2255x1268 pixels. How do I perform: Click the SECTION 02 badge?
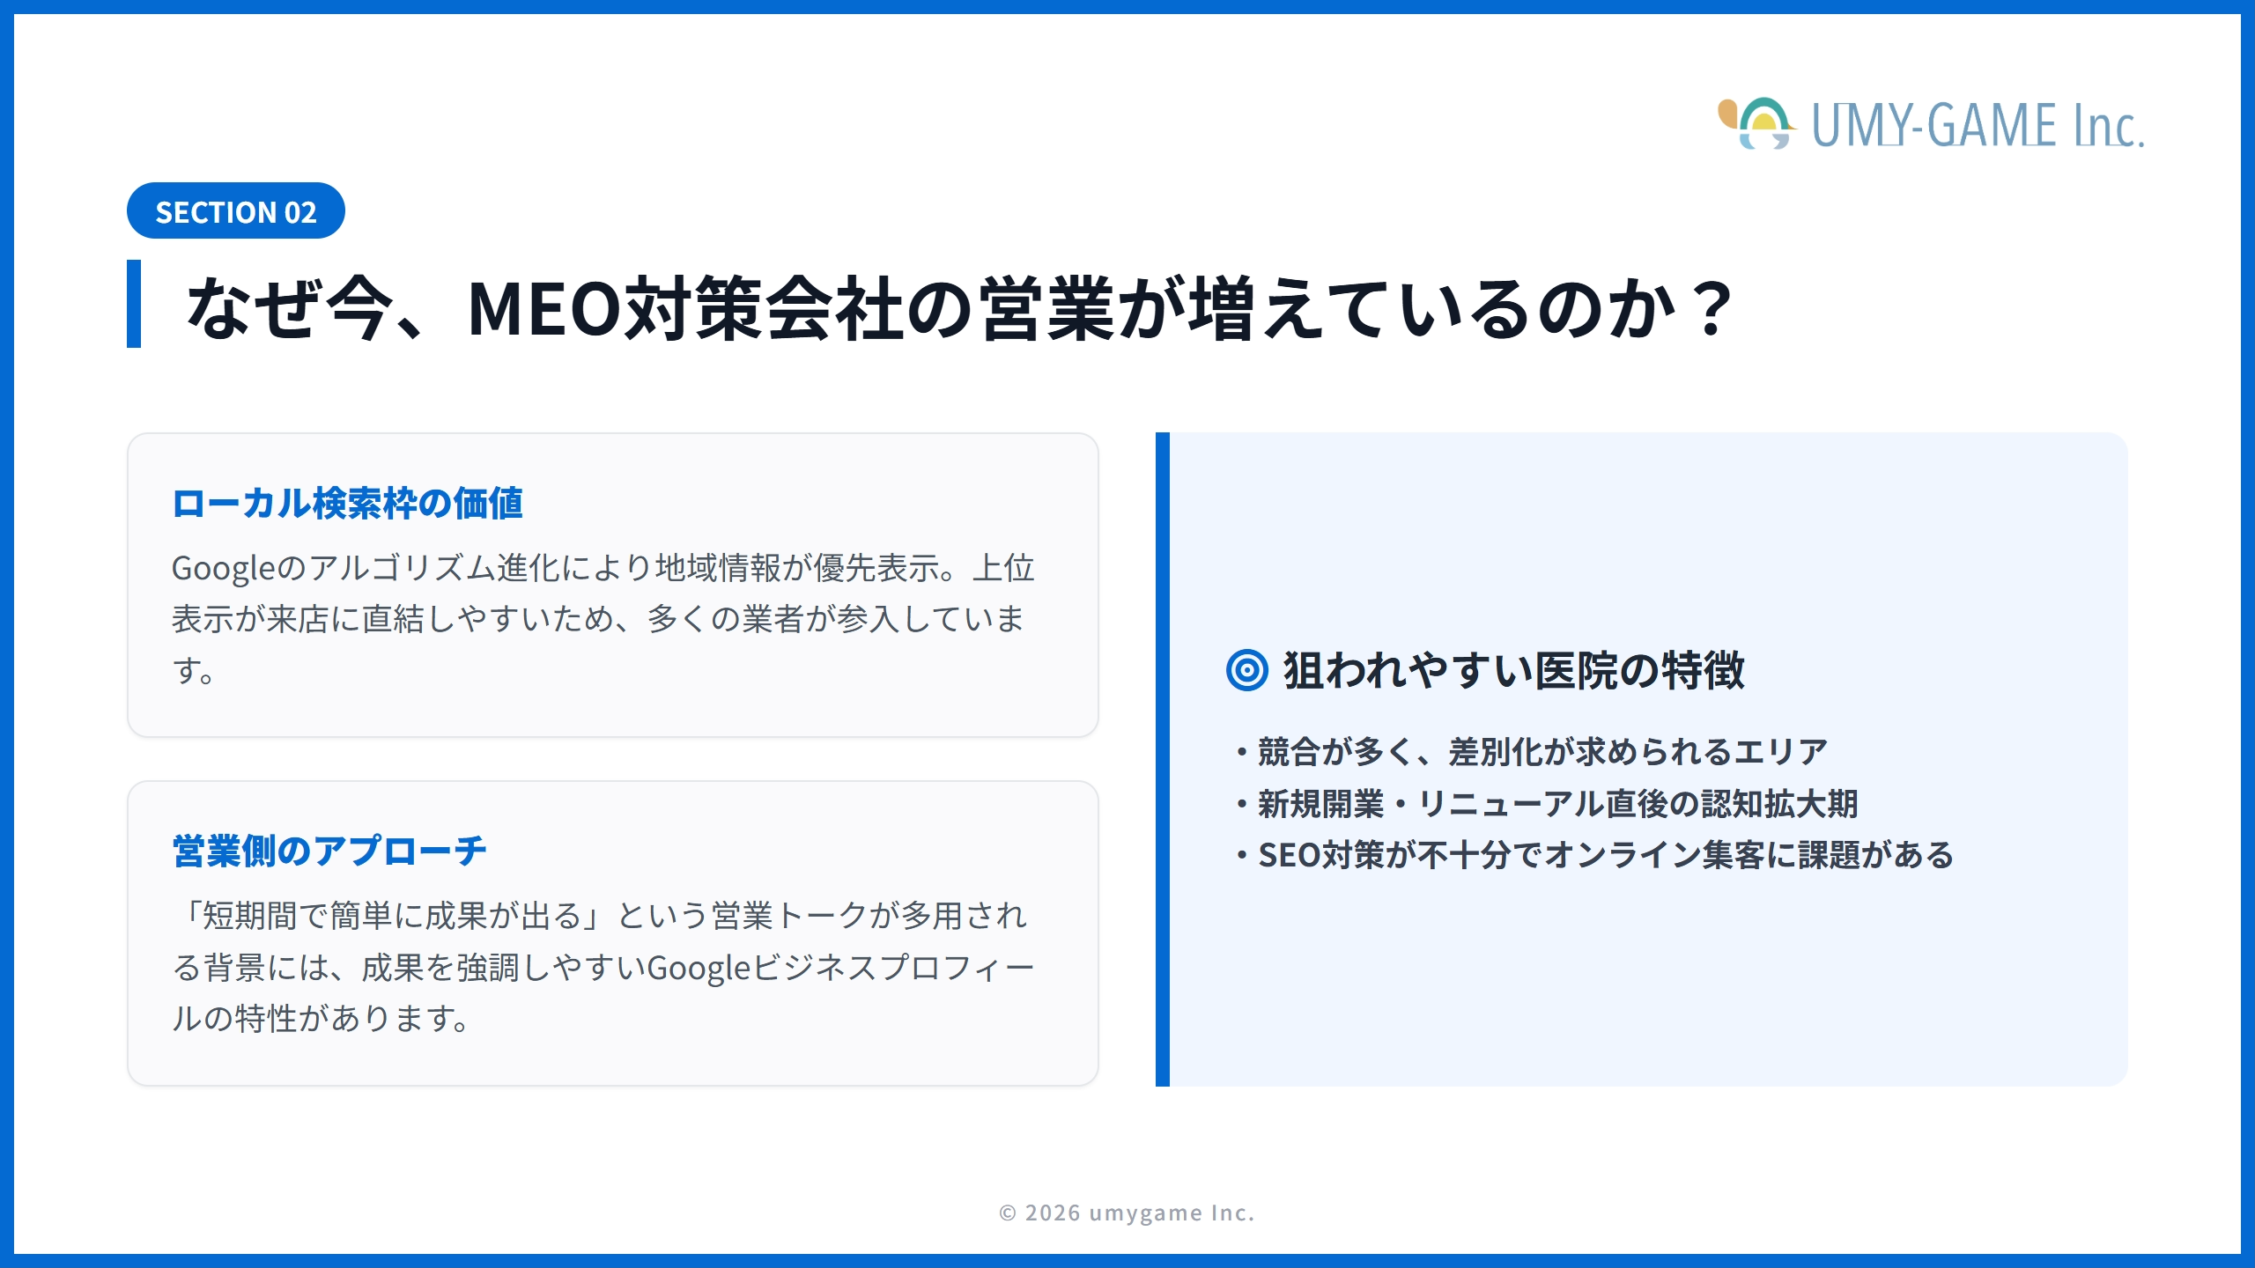pyautogui.click(x=235, y=211)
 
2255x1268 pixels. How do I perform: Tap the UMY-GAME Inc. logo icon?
pyautogui.click(x=1756, y=124)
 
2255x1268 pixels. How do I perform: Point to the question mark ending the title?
pyautogui.click(x=1712, y=308)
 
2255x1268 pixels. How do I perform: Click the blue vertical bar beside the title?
pyautogui.click(x=134, y=304)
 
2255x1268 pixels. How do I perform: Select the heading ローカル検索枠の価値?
pyautogui.click(x=347, y=504)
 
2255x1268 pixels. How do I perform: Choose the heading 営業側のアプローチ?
pyautogui.click(x=329, y=851)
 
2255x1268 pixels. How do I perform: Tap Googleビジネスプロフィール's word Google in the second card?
pyautogui.click(x=698, y=968)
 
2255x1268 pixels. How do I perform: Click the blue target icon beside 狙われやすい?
pyautogui.click(x=1246, y=671)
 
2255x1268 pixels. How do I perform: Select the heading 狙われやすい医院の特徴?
pyautogui.click(x=1513, y=671)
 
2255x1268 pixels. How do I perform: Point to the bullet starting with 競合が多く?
pyautogui.click(x=1542, y=752)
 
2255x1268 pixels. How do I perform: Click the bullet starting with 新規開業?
pyautogui.click(x=1556, y=804)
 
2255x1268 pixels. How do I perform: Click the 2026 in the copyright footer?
pyautogui.click(x=1053, y=1213)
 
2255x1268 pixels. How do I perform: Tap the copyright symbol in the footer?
pyautogui.click(x=1008, y=1213)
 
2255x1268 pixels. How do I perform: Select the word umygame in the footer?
pyautogui.click(x=1145, y=1213)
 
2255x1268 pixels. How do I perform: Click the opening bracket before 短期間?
pyautogui.click(x=190, y=916)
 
